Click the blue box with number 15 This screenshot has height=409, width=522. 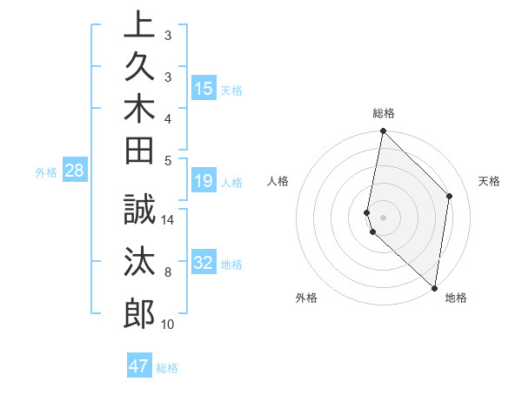point(204,88)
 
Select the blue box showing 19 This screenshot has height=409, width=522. point(204,181)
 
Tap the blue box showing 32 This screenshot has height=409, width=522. point(204,263)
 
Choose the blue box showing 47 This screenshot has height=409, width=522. point(139,366)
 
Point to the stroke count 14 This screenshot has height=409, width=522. point(168,221)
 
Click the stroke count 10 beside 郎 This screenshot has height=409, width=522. point(168,325)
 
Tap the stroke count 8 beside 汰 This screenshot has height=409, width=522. point(168,273)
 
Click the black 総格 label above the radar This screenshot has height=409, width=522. point(383,113)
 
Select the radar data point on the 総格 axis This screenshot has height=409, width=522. point(383,132)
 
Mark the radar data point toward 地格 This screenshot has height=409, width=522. point(434,287)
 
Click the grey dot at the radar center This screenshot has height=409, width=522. point(383,217)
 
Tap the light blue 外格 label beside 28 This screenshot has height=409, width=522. point(46,172)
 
